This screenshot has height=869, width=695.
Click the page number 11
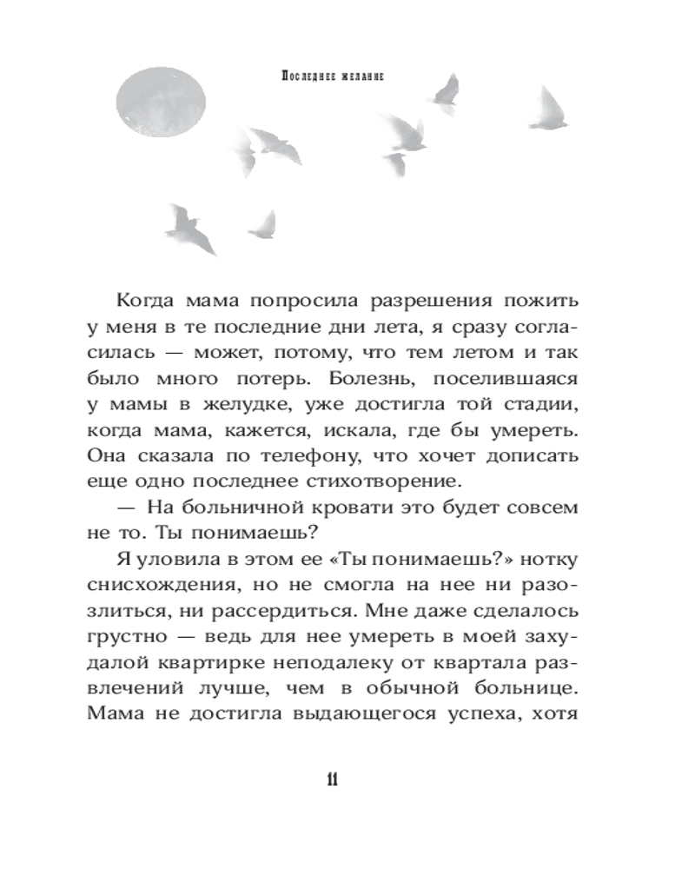pos(332,779)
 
